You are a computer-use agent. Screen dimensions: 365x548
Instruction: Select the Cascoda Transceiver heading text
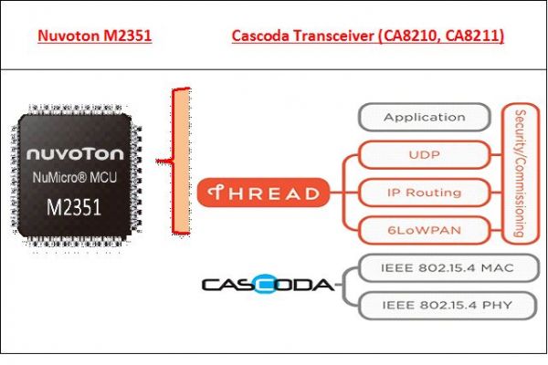click(x=367, y=37)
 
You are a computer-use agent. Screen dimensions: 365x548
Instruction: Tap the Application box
click(x=424, y=118)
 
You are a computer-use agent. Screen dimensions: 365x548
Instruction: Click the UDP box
click(x=424, y=155)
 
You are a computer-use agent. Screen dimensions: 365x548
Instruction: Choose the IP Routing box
click(x=424, y=193)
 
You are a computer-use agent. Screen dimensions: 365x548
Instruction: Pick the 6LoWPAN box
click(x=424, y=229)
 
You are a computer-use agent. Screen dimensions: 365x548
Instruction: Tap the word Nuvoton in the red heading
click(x=65, y=37)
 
